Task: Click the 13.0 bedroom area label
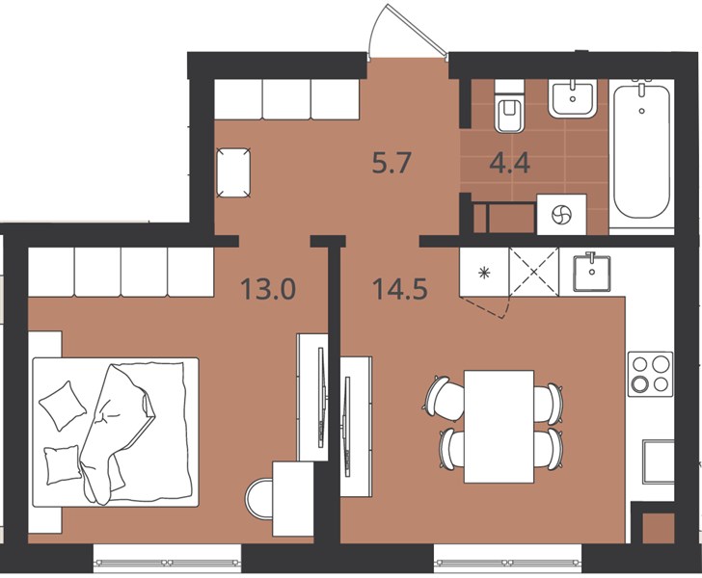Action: point(268,289)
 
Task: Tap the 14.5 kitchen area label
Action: point(400,289)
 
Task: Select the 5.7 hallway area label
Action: point(391,163)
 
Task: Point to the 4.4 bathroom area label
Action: point(510,163)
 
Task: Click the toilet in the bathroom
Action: point(509,107)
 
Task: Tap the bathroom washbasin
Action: point(573,98)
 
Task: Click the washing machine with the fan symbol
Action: point(561,214)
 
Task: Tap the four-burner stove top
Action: point(650,374)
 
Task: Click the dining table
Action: point(499,427)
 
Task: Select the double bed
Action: point(116,433)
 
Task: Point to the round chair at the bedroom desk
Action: point(259,498)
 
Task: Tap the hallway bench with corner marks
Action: point(232,172)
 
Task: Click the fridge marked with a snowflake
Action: point(484,272)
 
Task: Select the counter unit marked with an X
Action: point(534,272)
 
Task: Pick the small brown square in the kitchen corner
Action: point(658,528)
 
